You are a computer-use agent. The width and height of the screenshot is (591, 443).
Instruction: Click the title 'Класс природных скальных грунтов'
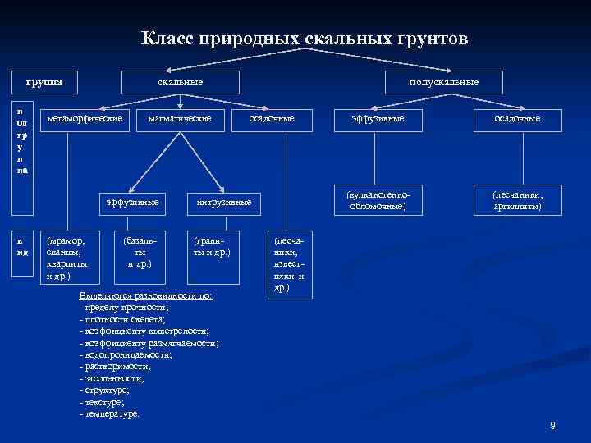[305, 38]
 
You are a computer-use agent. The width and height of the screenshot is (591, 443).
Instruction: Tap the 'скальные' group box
[181, 82]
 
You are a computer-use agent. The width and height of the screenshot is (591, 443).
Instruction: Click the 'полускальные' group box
[444, 82]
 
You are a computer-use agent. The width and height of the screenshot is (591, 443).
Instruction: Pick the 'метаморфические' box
[85, 119]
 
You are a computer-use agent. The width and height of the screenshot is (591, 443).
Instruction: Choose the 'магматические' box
[180, 119]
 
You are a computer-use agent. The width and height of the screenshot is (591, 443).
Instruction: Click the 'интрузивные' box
[224, 202]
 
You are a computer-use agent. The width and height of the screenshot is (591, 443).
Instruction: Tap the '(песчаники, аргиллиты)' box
[517, 202]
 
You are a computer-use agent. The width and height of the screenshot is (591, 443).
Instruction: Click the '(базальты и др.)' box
[139, 253]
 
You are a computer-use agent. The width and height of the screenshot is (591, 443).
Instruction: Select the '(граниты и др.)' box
[211, 247]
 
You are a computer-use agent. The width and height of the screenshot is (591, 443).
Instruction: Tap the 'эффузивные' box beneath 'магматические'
[133, 202]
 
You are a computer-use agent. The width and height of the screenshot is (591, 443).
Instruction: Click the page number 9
[552, 425]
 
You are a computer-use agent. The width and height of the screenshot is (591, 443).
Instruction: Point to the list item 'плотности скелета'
[123, 317]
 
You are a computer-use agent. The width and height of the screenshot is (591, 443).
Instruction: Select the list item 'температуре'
[111, 413]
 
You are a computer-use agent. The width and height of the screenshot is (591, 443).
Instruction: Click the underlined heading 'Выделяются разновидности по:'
[144, 295]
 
